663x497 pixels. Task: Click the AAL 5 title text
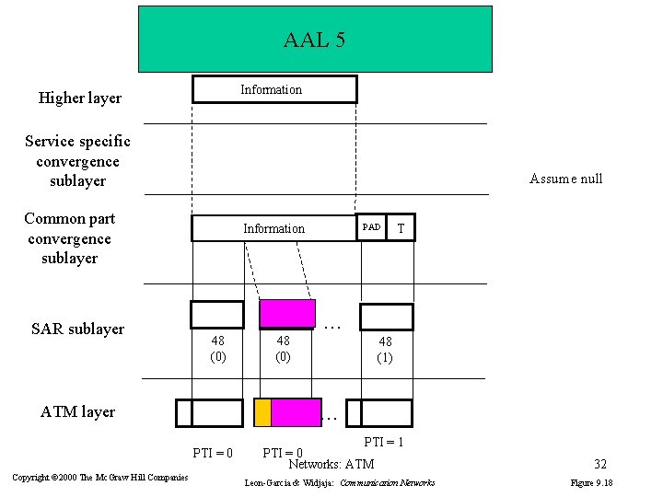click(x=314, y=40)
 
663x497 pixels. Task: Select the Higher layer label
click(x=79, y=98)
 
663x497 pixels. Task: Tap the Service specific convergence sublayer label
click(x=77, y=161)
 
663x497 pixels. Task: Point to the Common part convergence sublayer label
click(x=69, y=238)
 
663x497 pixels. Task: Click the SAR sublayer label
click(x=77, y=329)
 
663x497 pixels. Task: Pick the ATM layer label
click(x=77, y=411)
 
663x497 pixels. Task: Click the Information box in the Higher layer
click(x=273, y=89)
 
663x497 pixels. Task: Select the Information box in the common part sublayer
click(x=273, y=228)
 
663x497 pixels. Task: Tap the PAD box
click(x=371, y=227)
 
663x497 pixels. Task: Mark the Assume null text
click(x=565, y=179)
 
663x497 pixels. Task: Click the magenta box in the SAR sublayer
click(x=287, y=315)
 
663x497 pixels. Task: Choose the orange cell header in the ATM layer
click(x=262, y=412)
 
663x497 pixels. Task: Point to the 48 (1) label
click(x=385, y=350)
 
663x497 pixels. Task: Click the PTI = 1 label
click(x=384, y=442)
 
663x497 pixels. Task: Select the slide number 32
click(x=599, y=465)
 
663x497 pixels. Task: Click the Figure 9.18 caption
click(x=592, y=482)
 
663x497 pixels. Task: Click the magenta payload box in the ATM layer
click(x=296, y=412)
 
